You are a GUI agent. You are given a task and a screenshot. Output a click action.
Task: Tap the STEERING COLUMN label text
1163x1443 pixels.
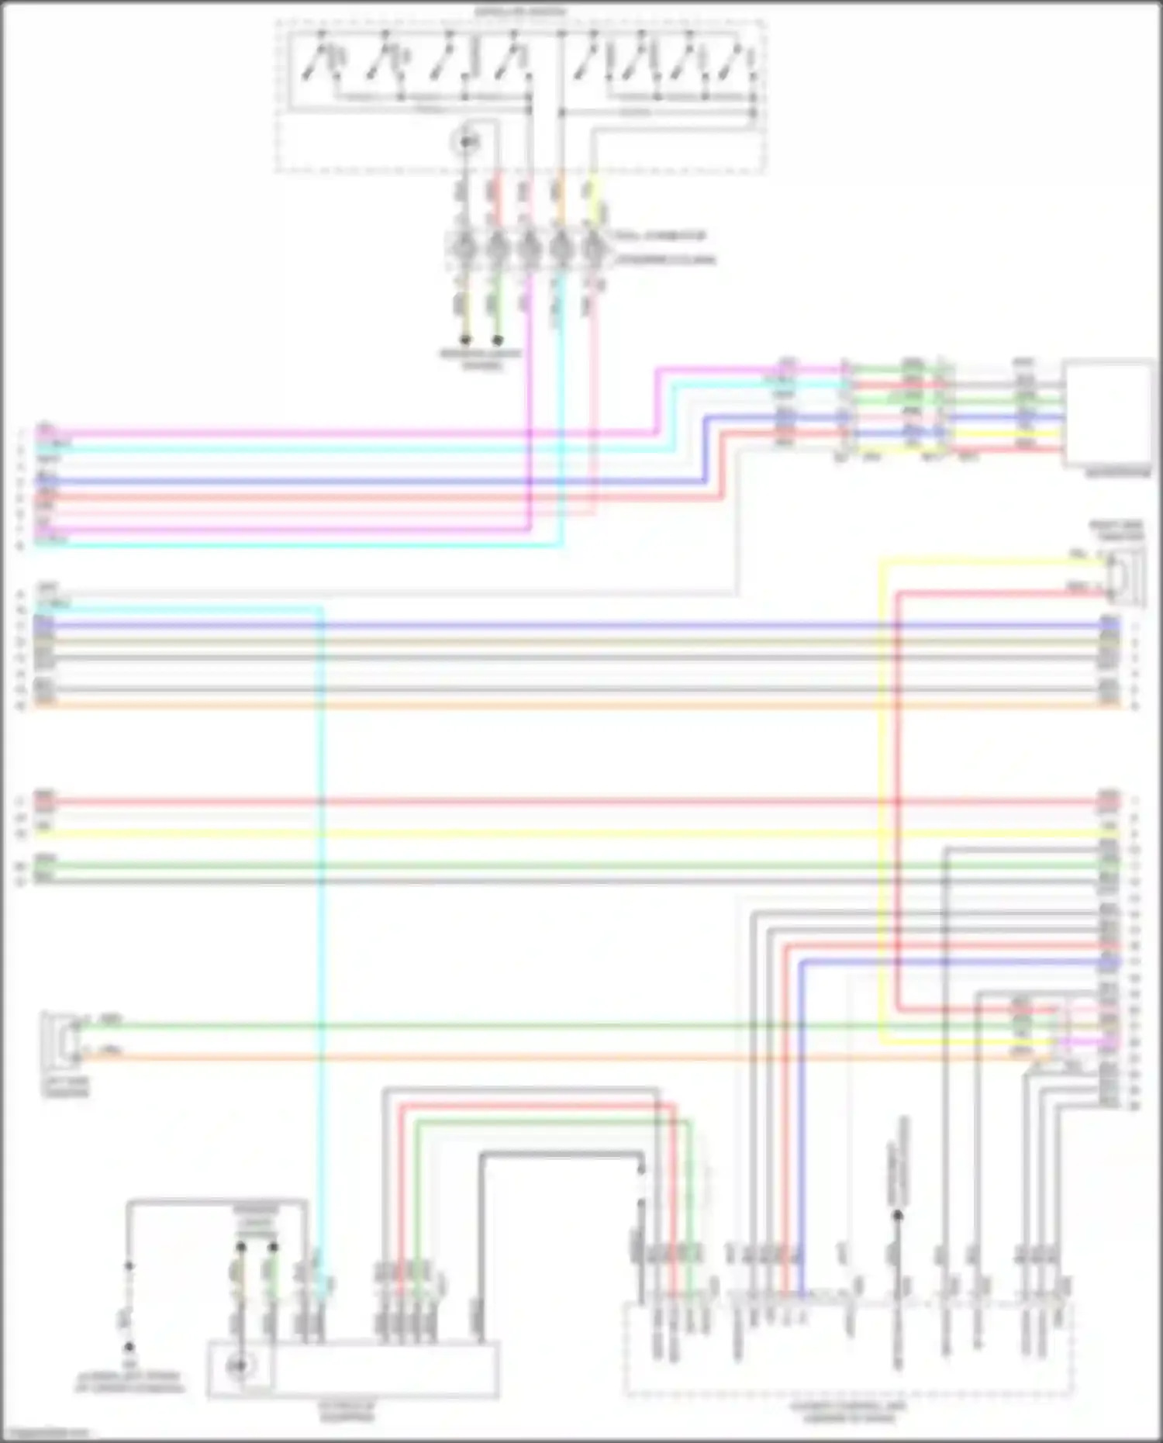point(665,260)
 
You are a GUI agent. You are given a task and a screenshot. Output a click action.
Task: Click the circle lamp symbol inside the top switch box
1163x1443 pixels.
point(467,142)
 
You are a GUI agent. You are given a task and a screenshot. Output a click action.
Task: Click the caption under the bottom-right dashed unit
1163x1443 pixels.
point(848,1411)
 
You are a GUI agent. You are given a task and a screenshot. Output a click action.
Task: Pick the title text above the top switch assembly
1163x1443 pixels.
point(520,11)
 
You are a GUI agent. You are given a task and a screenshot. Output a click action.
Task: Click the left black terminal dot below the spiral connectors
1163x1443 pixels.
point(465,340)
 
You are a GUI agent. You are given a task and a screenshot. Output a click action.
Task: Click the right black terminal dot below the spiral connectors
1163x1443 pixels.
point(498,340)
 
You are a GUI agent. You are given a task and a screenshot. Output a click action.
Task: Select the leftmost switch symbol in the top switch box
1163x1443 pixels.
point(318,62)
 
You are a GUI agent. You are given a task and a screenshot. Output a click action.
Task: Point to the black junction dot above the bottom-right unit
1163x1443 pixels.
point(897,1216)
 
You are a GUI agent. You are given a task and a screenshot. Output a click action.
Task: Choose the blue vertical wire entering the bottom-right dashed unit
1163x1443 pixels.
point(802,1124)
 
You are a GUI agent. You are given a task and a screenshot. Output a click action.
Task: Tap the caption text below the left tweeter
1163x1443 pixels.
point(66,1086)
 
